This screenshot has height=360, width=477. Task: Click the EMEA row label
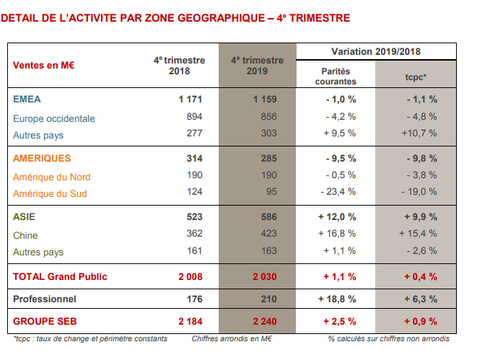[27, 99]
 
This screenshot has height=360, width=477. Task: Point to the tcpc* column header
[416, 76]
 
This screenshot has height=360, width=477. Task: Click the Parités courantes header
[336, 76]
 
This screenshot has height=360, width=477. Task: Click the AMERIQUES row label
[42, 158]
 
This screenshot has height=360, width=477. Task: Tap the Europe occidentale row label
[54, 118]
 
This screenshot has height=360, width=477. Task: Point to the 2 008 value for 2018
[188, 276]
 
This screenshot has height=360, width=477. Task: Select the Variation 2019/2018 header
[376, 52]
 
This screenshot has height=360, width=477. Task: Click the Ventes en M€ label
[44, 65]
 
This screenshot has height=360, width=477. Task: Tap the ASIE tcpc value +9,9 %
[420, 216]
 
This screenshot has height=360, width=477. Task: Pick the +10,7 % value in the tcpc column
[421, 133]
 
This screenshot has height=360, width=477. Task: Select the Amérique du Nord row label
[52, 176]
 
